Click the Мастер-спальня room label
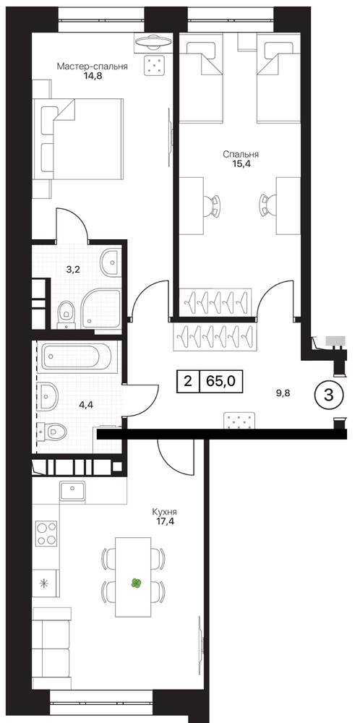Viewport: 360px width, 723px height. [93, 67]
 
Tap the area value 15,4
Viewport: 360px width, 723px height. [241, 163]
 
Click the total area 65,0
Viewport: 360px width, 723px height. [221, 381]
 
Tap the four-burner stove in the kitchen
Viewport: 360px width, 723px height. [46, 534]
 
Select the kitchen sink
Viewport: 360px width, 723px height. [72, 491]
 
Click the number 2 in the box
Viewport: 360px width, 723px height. [188, 381]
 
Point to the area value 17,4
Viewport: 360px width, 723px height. [165, 523]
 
